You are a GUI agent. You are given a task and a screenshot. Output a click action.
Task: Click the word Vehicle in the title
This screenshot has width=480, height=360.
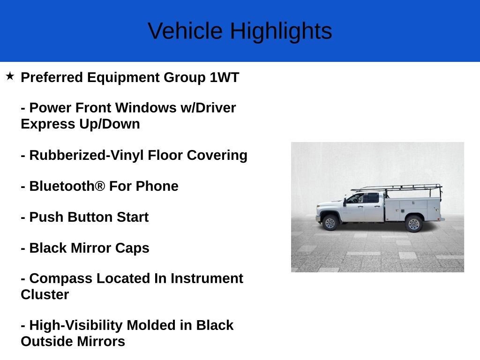185,31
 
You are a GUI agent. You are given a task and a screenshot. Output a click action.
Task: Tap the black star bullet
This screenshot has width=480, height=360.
10,76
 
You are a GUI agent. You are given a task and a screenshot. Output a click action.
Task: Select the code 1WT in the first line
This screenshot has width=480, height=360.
224,77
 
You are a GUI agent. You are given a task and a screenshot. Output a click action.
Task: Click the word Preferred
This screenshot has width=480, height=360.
52,77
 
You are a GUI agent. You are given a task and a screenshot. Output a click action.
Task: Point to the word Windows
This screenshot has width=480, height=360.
146,108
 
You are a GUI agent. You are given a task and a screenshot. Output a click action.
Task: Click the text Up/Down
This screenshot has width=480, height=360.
110,124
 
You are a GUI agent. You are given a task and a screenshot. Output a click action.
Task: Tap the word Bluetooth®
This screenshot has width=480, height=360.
67,186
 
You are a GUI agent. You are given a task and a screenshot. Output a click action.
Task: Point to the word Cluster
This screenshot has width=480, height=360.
45,294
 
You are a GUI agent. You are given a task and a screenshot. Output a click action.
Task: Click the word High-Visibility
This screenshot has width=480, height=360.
76,325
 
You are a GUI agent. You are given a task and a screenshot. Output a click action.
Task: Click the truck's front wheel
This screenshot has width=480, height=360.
330,223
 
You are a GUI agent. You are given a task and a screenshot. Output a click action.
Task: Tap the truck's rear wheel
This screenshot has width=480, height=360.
413,224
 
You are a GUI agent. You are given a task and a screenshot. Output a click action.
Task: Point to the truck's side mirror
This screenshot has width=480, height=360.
345,202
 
